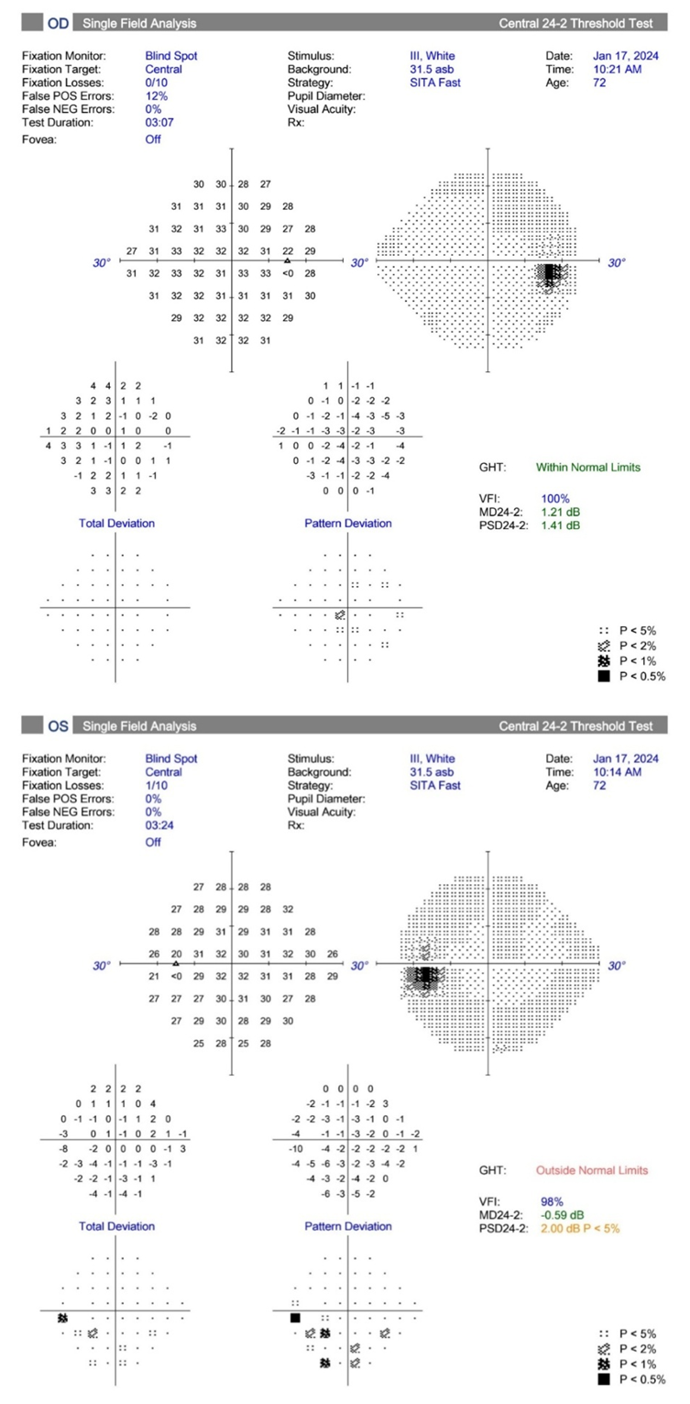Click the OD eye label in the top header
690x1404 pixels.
point(58,22)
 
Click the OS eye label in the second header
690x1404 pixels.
point(58,726)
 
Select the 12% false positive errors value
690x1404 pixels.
point(155,96)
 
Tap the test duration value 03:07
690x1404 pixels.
point(159,123)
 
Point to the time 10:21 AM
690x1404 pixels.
point(617,70)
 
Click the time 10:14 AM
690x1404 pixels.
point(617,772)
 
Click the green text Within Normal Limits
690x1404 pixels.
point(588,467)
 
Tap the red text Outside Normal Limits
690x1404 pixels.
point(590,1170)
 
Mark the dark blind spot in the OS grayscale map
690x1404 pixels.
point(424,977)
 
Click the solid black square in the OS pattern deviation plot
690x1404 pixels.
point(295,1317)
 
